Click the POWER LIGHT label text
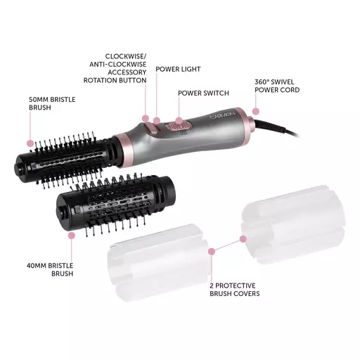point(178,70)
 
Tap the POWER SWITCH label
point(203,94)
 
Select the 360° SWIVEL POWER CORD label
point(277,86)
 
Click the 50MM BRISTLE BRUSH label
point(52,103)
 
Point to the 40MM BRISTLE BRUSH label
point(50,269)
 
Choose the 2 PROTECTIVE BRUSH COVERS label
point(235,290)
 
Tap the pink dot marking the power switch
point(179,121)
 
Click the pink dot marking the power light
point(157,121)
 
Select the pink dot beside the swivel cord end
point(256,111)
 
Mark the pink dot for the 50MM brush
point(30,143)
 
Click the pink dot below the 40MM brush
point(72,236)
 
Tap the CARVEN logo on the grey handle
point(222,115)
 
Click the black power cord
point(276,128)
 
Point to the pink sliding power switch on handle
point(178,127)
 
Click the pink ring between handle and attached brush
point(124,150)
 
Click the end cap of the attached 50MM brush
point(20,168)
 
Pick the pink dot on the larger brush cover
point(243,239)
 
